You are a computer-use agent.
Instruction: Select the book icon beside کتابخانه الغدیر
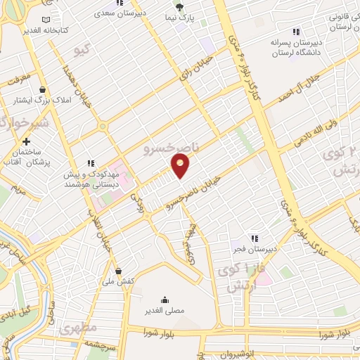coord(46,21)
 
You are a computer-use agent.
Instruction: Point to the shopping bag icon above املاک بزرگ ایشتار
coord(44,90)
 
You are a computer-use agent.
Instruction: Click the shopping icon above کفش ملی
coord(117,271)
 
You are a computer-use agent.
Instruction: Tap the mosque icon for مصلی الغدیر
coord(165,299)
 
